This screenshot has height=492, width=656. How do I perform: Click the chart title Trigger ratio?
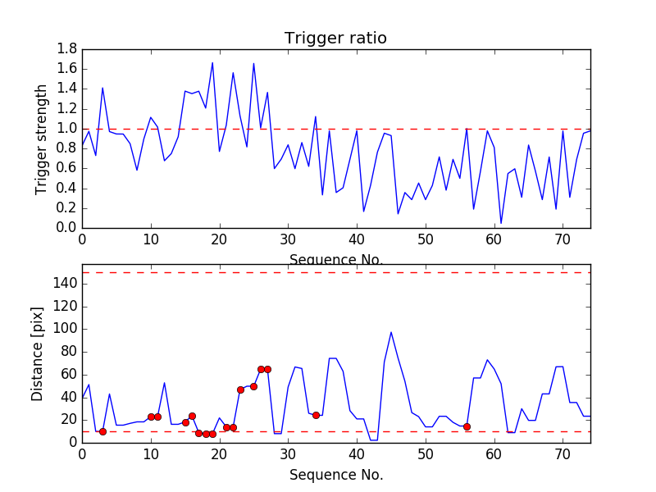point(335,39)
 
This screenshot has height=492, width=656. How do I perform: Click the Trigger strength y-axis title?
point(42,139)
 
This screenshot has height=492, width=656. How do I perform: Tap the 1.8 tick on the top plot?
point(67,49)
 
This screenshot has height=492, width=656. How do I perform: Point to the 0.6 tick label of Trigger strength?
point(67,168)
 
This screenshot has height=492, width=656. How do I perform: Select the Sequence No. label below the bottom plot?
point(336,474)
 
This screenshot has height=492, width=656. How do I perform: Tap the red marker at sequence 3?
point(102,431)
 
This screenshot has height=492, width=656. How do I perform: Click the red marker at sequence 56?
point(467,426)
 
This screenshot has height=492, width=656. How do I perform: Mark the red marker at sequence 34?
point(316,415)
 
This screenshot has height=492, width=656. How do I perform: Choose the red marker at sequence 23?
point(240,389)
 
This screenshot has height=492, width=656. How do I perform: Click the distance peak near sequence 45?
point(391,332)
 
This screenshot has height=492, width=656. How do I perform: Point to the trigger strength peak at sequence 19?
point(212,62)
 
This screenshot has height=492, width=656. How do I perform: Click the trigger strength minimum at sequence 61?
point(501,223)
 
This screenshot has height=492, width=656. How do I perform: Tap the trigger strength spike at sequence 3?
point(102,88)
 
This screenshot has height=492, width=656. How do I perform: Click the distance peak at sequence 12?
point(164,383)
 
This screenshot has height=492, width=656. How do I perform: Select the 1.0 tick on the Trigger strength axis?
point(67,129)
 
